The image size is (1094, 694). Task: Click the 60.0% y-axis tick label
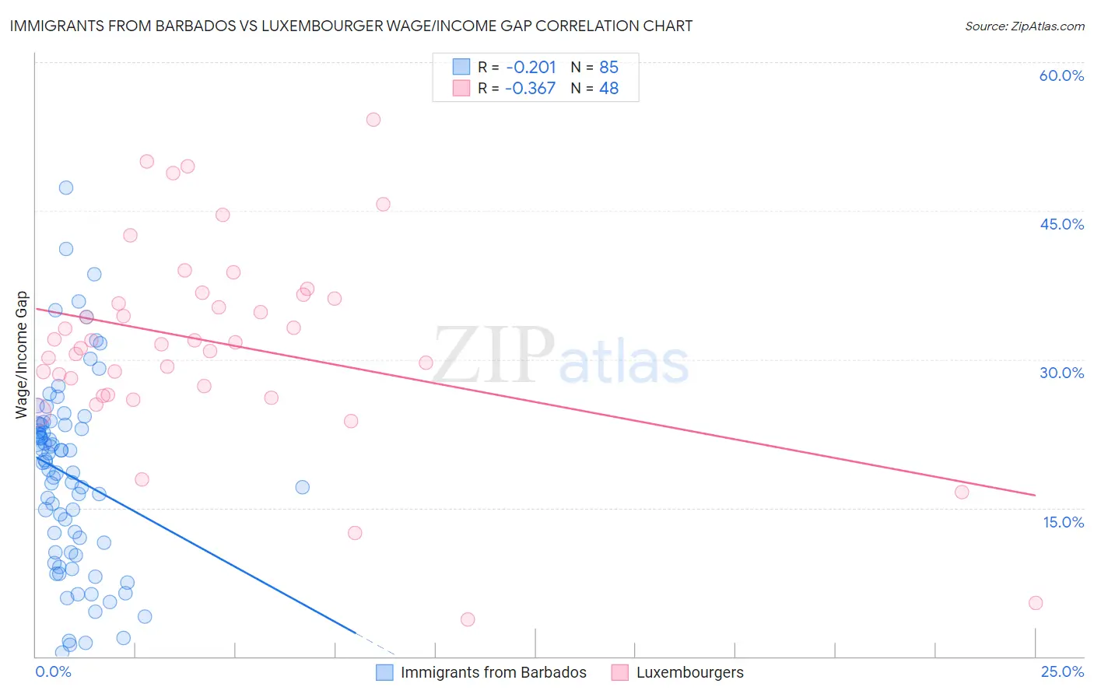pyautogui.click(x=1061, y=75)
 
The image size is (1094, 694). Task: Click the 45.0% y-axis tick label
pyautogui.click(x=1061, y=224)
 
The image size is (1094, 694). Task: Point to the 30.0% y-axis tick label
pyautogui.click(x=1061, y=373)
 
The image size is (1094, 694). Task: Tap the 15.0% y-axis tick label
pyautogui.click(x=1063, y=522)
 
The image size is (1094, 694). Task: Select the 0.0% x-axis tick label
pyautogui.click(x=53, y=671)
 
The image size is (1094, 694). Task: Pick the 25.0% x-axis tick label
pyautogui.click(x=1062, y=671)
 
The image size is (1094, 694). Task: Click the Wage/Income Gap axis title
pyautogui.click(x=21, y=355)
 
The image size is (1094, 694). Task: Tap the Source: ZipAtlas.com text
pyautogui.click(x=1024, y=26)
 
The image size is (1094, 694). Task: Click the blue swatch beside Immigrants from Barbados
pyautogui.click(x=384, y=672)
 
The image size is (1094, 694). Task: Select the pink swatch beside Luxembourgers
pyautogui.click(x=619, y=672)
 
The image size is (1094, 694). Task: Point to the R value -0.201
pyautogui.click(x=531, y=67)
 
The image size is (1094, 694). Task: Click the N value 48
pyautogui.click(x=608, y=89)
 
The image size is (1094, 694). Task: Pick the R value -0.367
pyautogui.click(x=531, y=89)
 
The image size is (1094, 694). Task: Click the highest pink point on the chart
pyautogui.click(x=373, y=120)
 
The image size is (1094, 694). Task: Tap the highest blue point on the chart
pyautogui.click(x=66, y=188)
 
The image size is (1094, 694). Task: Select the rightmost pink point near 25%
pyautogui.click(x=1036, y=603)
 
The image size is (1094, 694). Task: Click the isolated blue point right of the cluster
pyautogui.click(x=303, y=487)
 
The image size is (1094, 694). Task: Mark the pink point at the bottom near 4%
pyautogui.click(x=468, y=619)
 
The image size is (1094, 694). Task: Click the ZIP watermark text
pyautogui.click(x=493, y=356)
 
